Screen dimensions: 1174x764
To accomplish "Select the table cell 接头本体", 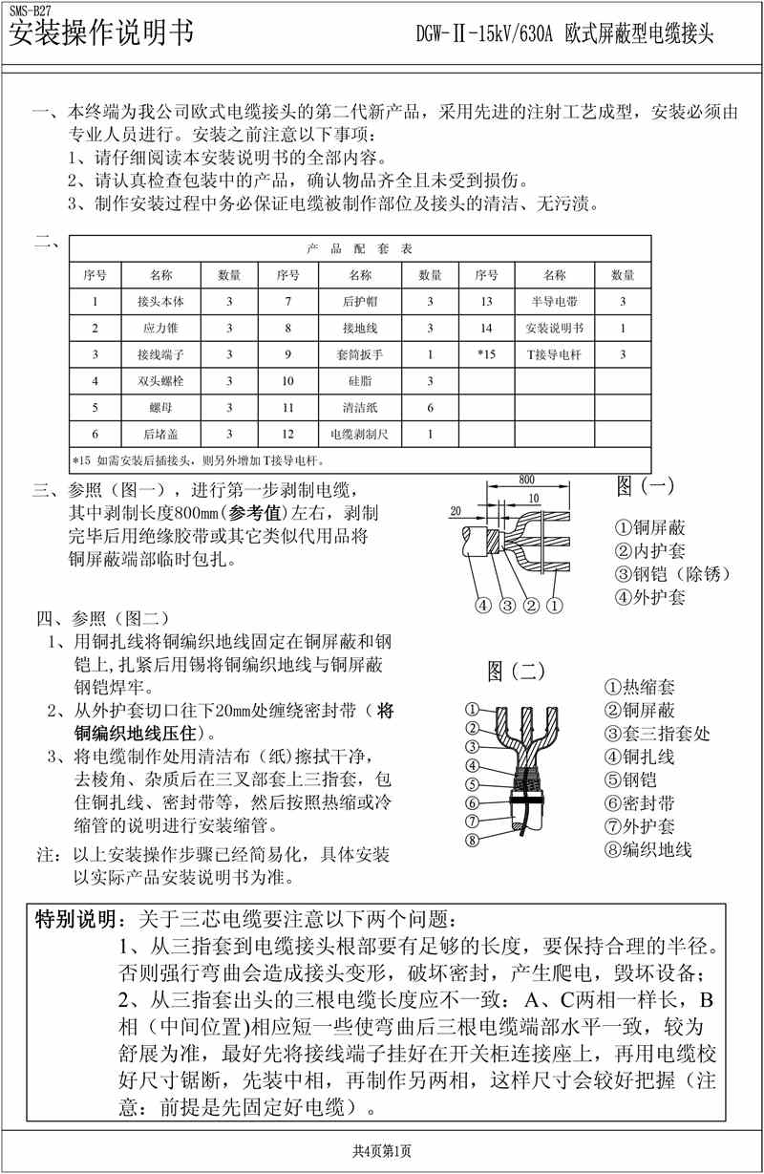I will pyautogui.click(x=154, y=302).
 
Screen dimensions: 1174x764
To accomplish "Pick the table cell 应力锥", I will pyautogui.click(x=154, y=329).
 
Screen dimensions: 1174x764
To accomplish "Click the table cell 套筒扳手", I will pyautogui.click(x=360, y=354).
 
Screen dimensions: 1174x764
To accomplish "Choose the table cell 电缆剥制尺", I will pyautogui.click(x=360, y=434).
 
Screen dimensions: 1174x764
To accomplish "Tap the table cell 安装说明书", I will pyautogui.click(x=554, y=329).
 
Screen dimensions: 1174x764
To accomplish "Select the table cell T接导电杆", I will pyautogui.click(x=554, y=354).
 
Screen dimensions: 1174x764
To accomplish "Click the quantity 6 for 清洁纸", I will pyautogui.click(x=430, y=408).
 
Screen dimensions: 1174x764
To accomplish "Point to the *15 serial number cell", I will pyautogui.click(x=486, y=354).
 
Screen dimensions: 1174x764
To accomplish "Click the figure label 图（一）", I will pyautogui.click(x=645, y=486).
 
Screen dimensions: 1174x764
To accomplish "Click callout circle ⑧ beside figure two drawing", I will pyautogui.click(x=471, y=841).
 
